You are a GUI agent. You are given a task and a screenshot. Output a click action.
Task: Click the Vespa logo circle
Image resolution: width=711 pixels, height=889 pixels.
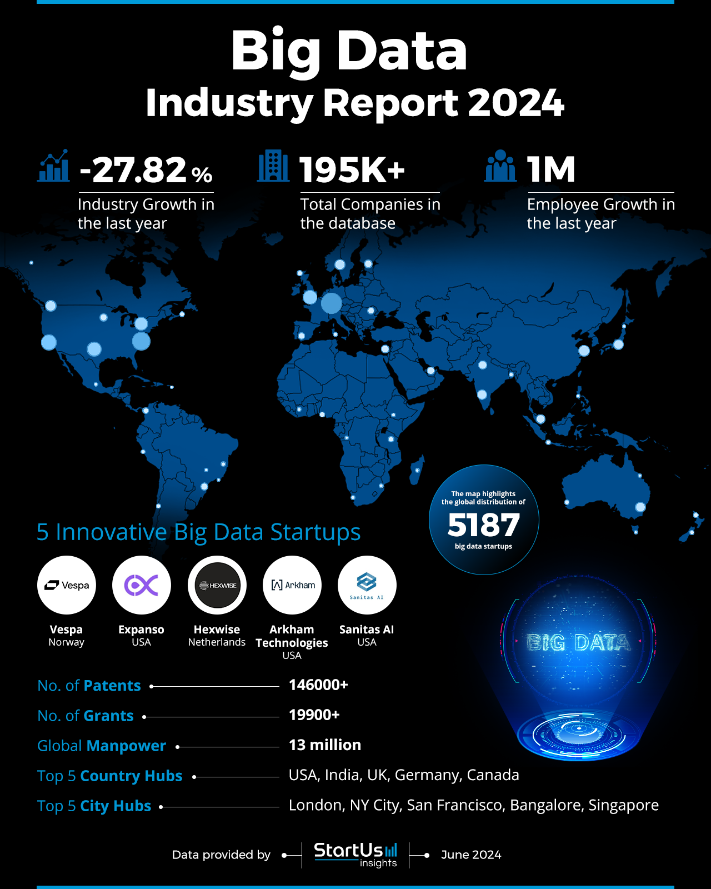pos(67,585)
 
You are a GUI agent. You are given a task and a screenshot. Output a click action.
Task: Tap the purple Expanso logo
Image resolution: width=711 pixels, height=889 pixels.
pos(142,585)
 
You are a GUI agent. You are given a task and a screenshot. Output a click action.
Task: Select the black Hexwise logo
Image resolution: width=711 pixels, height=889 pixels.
pos(217,585)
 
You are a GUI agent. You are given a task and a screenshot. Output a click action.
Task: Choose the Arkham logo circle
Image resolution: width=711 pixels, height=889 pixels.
pos(292,585)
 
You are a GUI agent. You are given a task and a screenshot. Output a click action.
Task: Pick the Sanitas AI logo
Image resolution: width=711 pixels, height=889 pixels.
pos(367,585)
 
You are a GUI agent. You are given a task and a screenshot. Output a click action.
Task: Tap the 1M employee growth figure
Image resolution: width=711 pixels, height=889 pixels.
pos(551,170)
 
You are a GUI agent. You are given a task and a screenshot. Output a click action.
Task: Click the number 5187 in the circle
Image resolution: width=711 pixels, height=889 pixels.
pos(484,525)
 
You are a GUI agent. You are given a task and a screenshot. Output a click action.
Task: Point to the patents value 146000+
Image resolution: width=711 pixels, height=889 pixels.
pos(318,685)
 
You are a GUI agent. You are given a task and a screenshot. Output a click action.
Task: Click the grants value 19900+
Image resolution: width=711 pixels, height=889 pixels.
pos(314,715)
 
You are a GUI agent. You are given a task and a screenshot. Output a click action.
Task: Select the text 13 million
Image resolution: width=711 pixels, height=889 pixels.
pos(325,745)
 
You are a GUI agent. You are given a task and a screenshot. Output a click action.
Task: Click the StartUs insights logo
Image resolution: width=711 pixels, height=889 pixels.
pos(355,855)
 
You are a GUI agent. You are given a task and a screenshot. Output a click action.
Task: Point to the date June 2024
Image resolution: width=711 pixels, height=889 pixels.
pos(471,855)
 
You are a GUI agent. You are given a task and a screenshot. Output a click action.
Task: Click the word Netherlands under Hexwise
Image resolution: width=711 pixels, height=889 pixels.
pos(217,642)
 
